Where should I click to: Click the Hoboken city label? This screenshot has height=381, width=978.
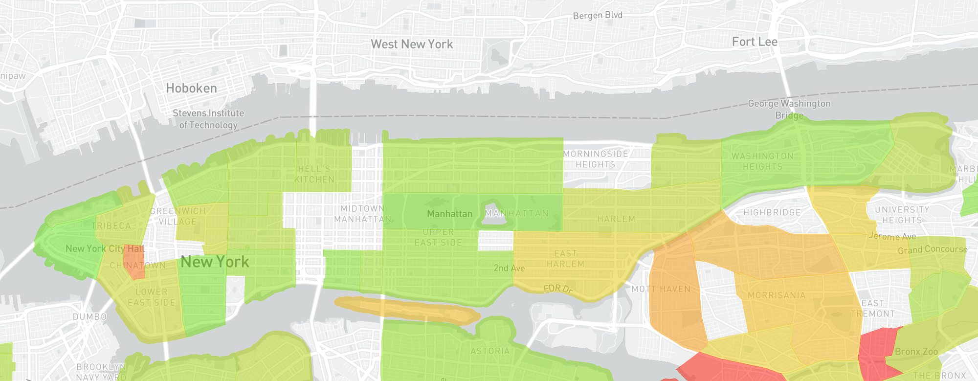pyautogui.click(x=191, y=89)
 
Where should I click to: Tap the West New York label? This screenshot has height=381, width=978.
pyautogui.click(x=412, y=45)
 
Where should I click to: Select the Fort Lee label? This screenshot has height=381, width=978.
pyautogui.click(x=755, y=42)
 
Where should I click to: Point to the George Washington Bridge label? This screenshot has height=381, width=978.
pyautogui.click(x=789, y=109)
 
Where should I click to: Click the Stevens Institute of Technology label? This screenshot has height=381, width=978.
pyautogui.click(x=208, y=119)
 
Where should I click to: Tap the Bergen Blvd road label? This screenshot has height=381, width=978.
pyautogui.click(x=598, y=15)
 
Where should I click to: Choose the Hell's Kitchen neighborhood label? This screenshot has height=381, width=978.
pyautogui.click(x=314, y=174)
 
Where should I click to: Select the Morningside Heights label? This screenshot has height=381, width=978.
pyautogui.click(x=596, y=159)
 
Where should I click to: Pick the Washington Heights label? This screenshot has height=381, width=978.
pyautogui.click(x=762, y=161)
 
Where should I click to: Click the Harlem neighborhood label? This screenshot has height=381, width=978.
pyautogui.click(x=616, y=219)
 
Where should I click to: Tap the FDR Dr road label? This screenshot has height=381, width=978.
pyautogui.click(x=557, y=289)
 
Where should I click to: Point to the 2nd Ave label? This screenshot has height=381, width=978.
pyautogui.click(x=509, y=268)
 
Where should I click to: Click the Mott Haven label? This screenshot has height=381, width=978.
pyautogui.click(x=661, y=289)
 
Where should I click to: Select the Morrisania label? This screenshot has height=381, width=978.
pyautogui.click(x=777, y=295)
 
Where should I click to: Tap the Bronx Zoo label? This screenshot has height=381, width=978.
pyautogui.click(x=916, y=352)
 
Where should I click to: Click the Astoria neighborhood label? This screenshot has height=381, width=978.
pyautogui.click(x=490, y=351)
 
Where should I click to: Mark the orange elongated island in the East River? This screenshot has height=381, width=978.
pyautogui.click(x=406, y=310)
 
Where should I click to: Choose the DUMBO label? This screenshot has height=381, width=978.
pyautogui.click(x=90, y=317)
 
